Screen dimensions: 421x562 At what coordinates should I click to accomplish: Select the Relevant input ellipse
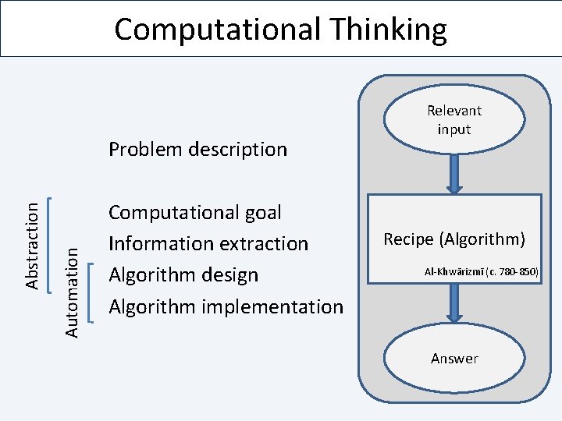pyautogui.click(x=454, y=120)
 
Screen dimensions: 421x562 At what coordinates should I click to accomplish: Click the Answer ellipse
pyautogui.click(x=454, y=358)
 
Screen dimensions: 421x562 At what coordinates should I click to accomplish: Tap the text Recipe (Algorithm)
pyautogui.click(x=454, y=239)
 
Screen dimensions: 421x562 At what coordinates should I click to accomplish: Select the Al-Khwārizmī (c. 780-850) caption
pyautogui.click(x=481, y=271)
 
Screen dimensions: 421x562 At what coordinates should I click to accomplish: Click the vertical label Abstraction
pyautogui.click(x=32, y=243)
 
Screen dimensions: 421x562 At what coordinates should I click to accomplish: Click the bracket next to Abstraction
pyautogui.click(x=50, y=243)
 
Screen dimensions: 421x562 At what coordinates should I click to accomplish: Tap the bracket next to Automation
pyautogui.click(x=91, y=292)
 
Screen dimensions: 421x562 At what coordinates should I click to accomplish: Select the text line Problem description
pyautogui.click(x=197, y=149)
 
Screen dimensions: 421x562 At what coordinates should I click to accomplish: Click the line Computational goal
pyautogui.click(x=195, y=212)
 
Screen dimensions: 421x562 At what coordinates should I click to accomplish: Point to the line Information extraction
pyautogui.click(x=208, y=243)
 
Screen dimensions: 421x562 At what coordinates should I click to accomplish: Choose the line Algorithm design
pyautogui.click(x=183, y=274)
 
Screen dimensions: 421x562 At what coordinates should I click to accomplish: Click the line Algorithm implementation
pyautogui.click(x=226, y=306)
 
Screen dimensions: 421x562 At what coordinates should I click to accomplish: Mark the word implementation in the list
pyautogui.click(x=273, y=306)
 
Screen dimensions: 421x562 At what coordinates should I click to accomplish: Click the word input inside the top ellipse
pyautogui.click(x=454, y=129)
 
